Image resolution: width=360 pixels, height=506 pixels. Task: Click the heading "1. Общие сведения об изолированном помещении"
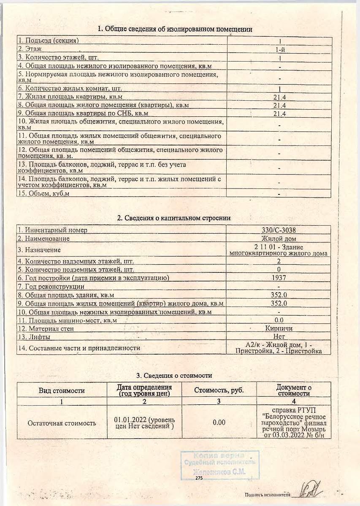point(175,29)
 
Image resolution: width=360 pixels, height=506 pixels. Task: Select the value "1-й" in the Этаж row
point(279,49)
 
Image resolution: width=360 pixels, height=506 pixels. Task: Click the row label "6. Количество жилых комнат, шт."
point(70,89)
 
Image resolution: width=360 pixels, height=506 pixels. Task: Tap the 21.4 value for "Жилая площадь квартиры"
point(279,97)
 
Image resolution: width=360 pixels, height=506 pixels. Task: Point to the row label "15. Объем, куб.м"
point(43,193)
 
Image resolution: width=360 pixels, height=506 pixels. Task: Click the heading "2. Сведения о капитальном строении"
point(174,218)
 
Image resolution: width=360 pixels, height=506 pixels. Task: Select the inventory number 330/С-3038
point(279,230)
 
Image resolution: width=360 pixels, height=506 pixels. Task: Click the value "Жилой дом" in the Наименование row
point(279,238)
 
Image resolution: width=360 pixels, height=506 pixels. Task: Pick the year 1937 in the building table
point(279,278)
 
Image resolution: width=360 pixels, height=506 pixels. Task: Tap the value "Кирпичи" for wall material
point(279,328)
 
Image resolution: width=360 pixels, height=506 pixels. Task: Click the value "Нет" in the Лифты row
point(279,336)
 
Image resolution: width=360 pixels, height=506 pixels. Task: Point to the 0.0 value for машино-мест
point(279,320)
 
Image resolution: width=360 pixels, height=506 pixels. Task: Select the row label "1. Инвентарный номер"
point(52,230)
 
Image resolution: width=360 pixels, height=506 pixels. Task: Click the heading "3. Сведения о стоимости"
point(174,375)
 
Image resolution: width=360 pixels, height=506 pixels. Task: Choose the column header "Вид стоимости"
point(62,390)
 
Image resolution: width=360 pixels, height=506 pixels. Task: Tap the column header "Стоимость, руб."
point(219,390)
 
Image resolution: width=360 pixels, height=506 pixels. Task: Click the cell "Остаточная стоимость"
point(62,423)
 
